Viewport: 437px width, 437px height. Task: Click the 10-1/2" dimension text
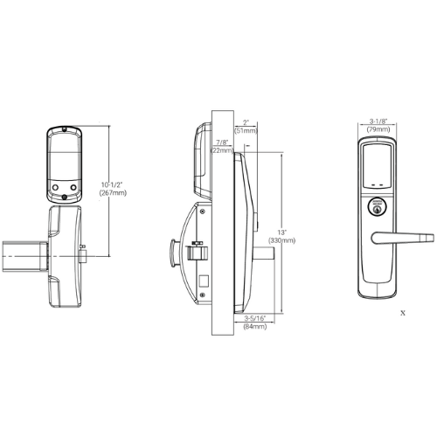(111, 184)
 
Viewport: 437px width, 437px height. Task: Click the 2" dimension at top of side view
(246, 122)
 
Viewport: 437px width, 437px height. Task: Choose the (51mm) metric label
(246, 131)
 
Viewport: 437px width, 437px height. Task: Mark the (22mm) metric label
(224, 150)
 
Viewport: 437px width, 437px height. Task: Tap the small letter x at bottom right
(402, 310)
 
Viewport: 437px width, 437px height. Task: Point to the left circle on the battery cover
(54, 187)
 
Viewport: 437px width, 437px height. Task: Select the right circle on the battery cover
(71, 187)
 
